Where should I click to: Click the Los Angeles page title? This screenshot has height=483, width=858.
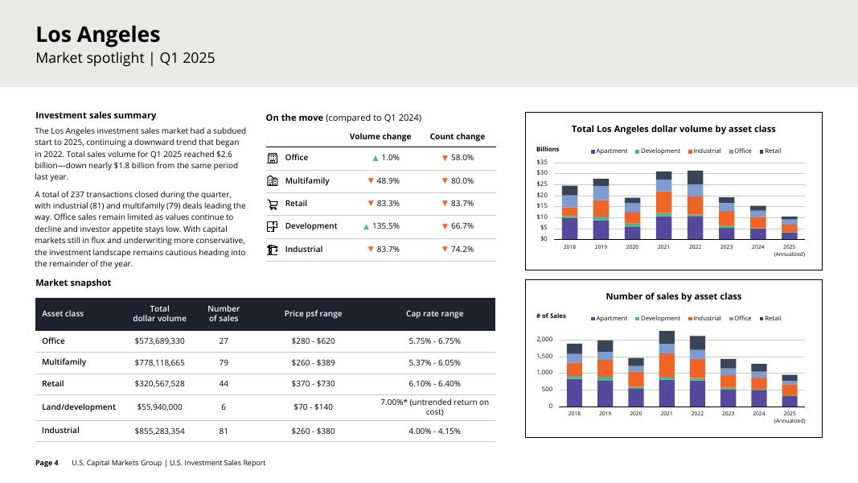pos(98,35)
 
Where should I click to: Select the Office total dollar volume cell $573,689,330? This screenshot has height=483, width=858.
pos(159,341)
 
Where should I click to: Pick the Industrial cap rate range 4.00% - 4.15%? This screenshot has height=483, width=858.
pos(434,431)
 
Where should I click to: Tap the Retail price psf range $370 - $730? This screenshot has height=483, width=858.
pos(313,384)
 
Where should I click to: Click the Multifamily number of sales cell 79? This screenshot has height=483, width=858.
pos(224,362)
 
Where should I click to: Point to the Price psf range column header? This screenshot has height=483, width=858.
pos(313,314)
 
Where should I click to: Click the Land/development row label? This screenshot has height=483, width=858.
pos(79,407)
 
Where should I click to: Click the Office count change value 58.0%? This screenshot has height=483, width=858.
pos(458,158)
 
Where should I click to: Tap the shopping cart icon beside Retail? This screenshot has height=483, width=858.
pos(272,204)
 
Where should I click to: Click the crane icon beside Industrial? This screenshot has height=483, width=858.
pos(272,250)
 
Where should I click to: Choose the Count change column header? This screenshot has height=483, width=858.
pos(457,137)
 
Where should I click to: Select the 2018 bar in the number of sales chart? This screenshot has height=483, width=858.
pos(574,375)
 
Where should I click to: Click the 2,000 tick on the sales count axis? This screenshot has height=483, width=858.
pos(544,340)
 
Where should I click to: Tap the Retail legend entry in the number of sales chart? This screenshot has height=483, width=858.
pos(770,319)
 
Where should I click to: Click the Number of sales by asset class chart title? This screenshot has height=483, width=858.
pos(673,296)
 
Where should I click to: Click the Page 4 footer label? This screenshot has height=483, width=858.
pos(47,463)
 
